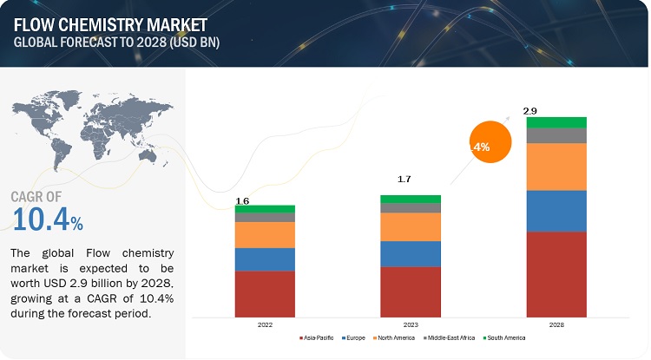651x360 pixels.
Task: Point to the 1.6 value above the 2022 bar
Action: pos(243,201)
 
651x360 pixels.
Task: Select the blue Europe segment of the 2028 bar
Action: pos(556,211)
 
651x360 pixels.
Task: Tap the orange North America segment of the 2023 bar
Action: pos(410,226)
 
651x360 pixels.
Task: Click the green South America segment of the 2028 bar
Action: pos(556,122)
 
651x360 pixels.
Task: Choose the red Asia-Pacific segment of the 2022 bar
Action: pos(265,294)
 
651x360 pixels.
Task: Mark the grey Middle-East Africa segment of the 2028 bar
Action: pos(556,135)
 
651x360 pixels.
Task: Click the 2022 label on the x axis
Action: pos(265,324)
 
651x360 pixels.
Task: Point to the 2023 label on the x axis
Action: pos(410,324)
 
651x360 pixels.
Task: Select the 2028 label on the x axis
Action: pos(556,324)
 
